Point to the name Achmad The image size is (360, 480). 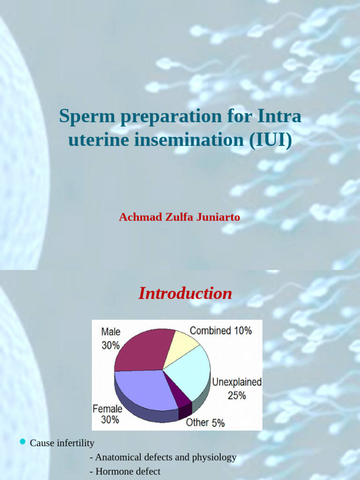pyautogui.click(x=139, y=217)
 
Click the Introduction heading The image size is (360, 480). pyautogui.click(x=185, y=293)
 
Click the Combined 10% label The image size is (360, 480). pyautogui.click(x=220, y=330)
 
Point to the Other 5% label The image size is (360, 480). pyautogui.click(x=205, y=422)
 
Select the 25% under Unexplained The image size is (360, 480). pyautogui.click(x=237, y=396)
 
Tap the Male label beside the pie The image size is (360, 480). pyautogui.click(x=111, y=332)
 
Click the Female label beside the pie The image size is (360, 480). pyautogui.click(x=107, y=409)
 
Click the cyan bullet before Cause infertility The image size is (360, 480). pyautogui.click(x=22, y=442)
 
